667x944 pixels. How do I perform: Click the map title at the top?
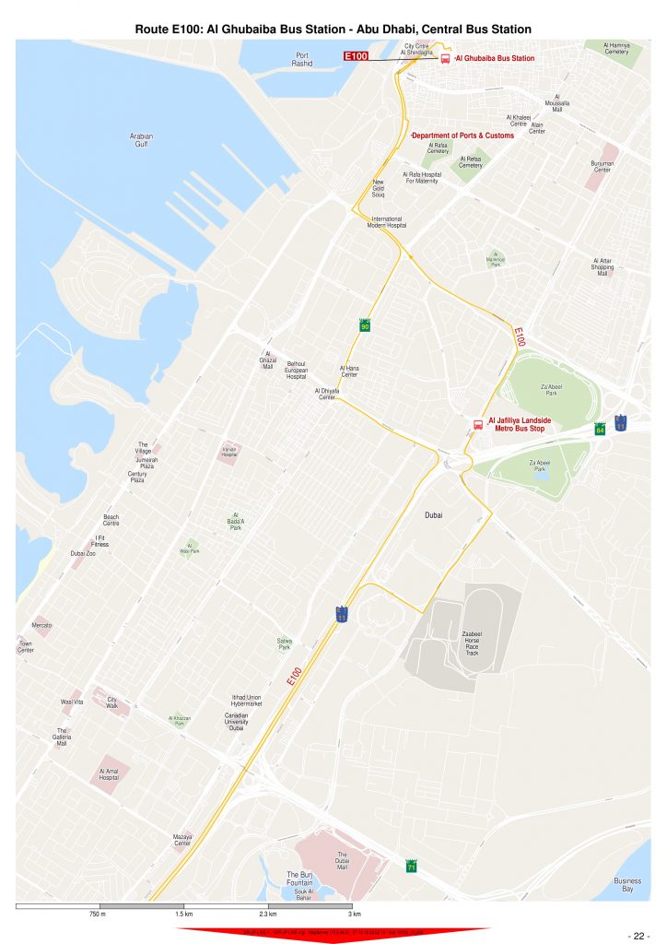point(333,29)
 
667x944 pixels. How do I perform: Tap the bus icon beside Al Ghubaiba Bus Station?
point(445,58)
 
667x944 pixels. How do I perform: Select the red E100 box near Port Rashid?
point(357,57)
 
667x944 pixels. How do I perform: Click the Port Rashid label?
point(302,59)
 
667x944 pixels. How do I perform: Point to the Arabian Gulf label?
point(141,140)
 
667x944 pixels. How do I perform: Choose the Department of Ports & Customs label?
point(462,136)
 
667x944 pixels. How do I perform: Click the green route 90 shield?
point(365,325)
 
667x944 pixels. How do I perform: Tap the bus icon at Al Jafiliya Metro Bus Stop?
point(477,425)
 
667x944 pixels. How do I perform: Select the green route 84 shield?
point(600,429)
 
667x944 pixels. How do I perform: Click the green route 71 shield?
point(411,867)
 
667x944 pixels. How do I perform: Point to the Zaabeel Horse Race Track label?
point(471,643)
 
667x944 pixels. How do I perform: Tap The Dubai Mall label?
point(342,861)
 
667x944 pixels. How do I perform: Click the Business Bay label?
point(627,885)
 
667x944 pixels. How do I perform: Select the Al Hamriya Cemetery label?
point(616,48)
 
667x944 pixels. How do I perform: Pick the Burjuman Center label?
point(602,167)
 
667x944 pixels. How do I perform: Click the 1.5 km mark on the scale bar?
point(183,914)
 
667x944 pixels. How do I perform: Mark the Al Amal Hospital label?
point(109,773)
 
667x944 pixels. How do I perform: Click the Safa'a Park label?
point(284,644)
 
